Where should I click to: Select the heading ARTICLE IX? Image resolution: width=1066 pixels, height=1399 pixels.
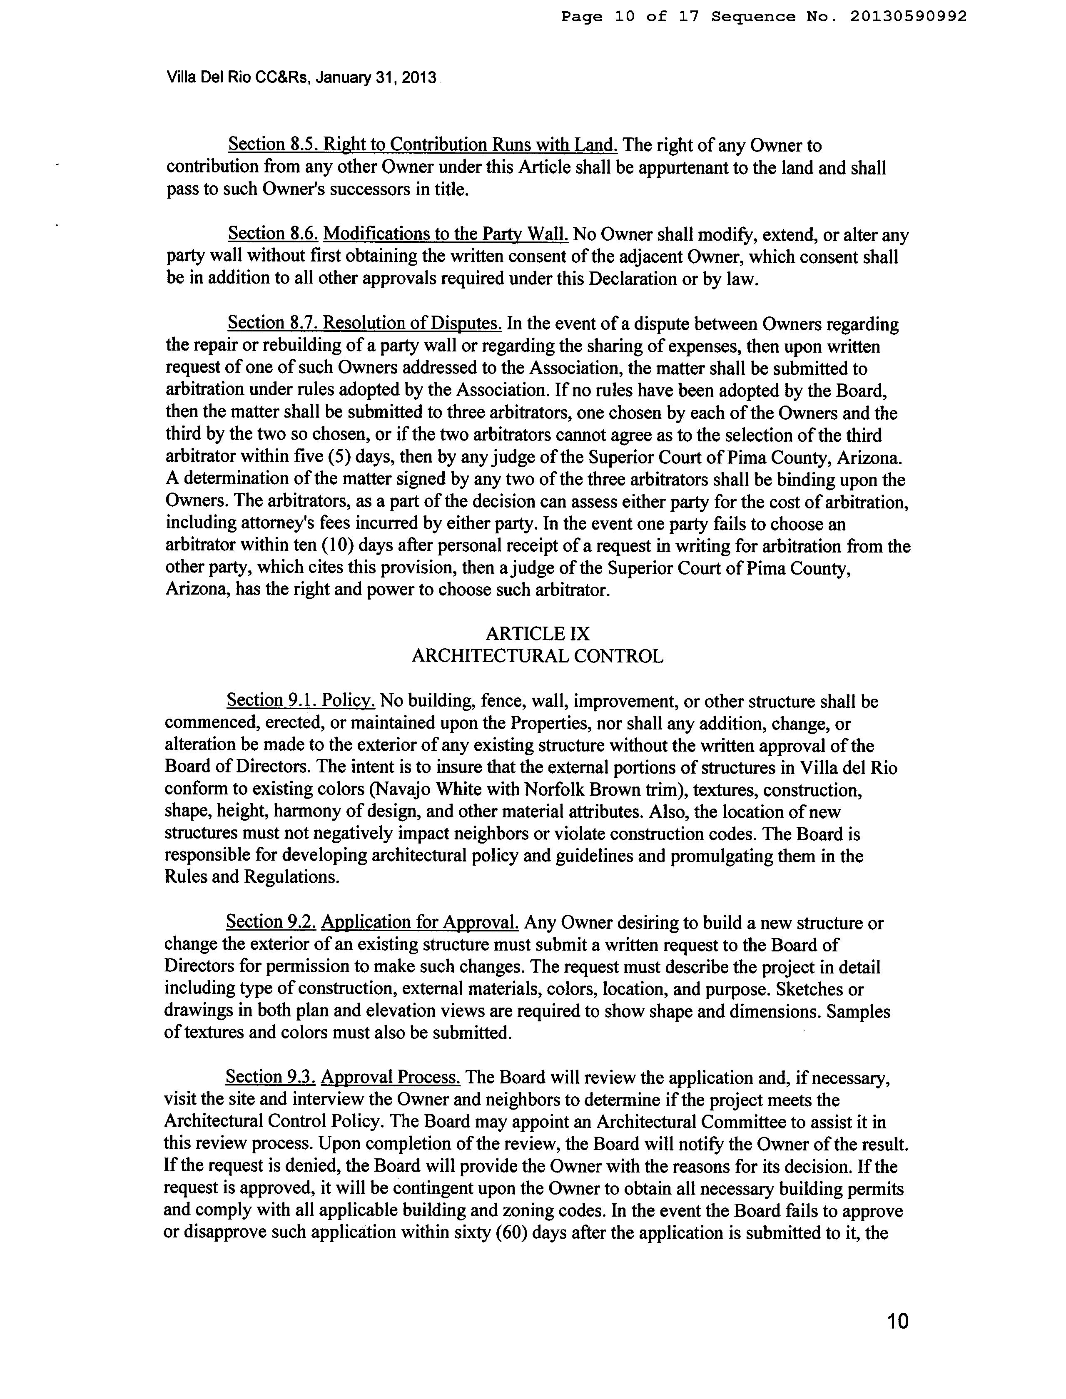(x=538, y=633)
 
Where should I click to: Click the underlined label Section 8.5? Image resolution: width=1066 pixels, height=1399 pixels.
(x=273, y=145)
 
